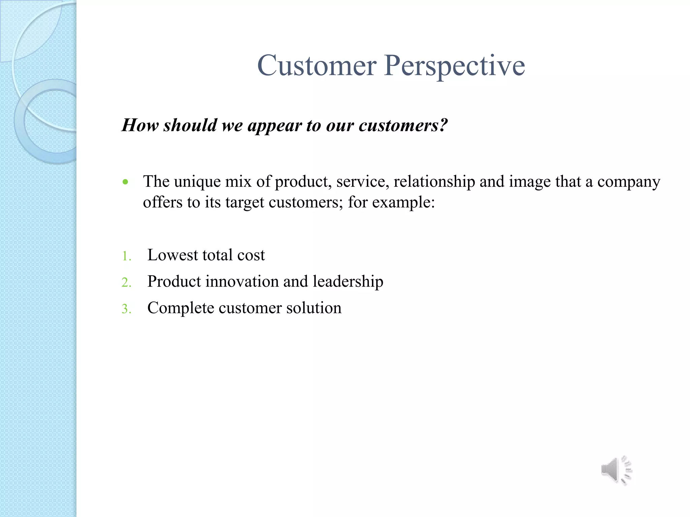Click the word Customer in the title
tap(317, 66)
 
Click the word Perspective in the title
tap(454, 66)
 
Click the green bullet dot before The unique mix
tap(126, 182)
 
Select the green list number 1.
tap(126, 256)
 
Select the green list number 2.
tap(126, 282)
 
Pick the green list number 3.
tap(126, 309)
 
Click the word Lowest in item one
tap(172, 255)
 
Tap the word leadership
tap(348, 281)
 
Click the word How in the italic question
tap(140, 125)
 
